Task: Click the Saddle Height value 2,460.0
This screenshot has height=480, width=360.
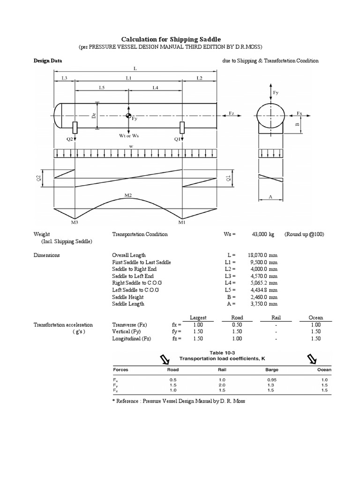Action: click(x=258, y=297)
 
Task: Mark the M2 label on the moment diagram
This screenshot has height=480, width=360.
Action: click(x=128, y=194)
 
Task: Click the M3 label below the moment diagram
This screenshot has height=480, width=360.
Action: click(x=75, y=223)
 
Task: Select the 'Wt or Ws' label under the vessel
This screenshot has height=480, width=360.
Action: click(x=128, y=136)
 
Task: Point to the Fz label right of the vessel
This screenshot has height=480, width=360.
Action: click(x=231, y=113)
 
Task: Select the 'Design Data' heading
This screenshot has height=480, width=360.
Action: click(x=47, y=60)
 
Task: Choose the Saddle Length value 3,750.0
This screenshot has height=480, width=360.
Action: click(x=258, y=304)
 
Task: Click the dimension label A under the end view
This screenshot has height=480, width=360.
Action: click(x=270, y=198)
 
